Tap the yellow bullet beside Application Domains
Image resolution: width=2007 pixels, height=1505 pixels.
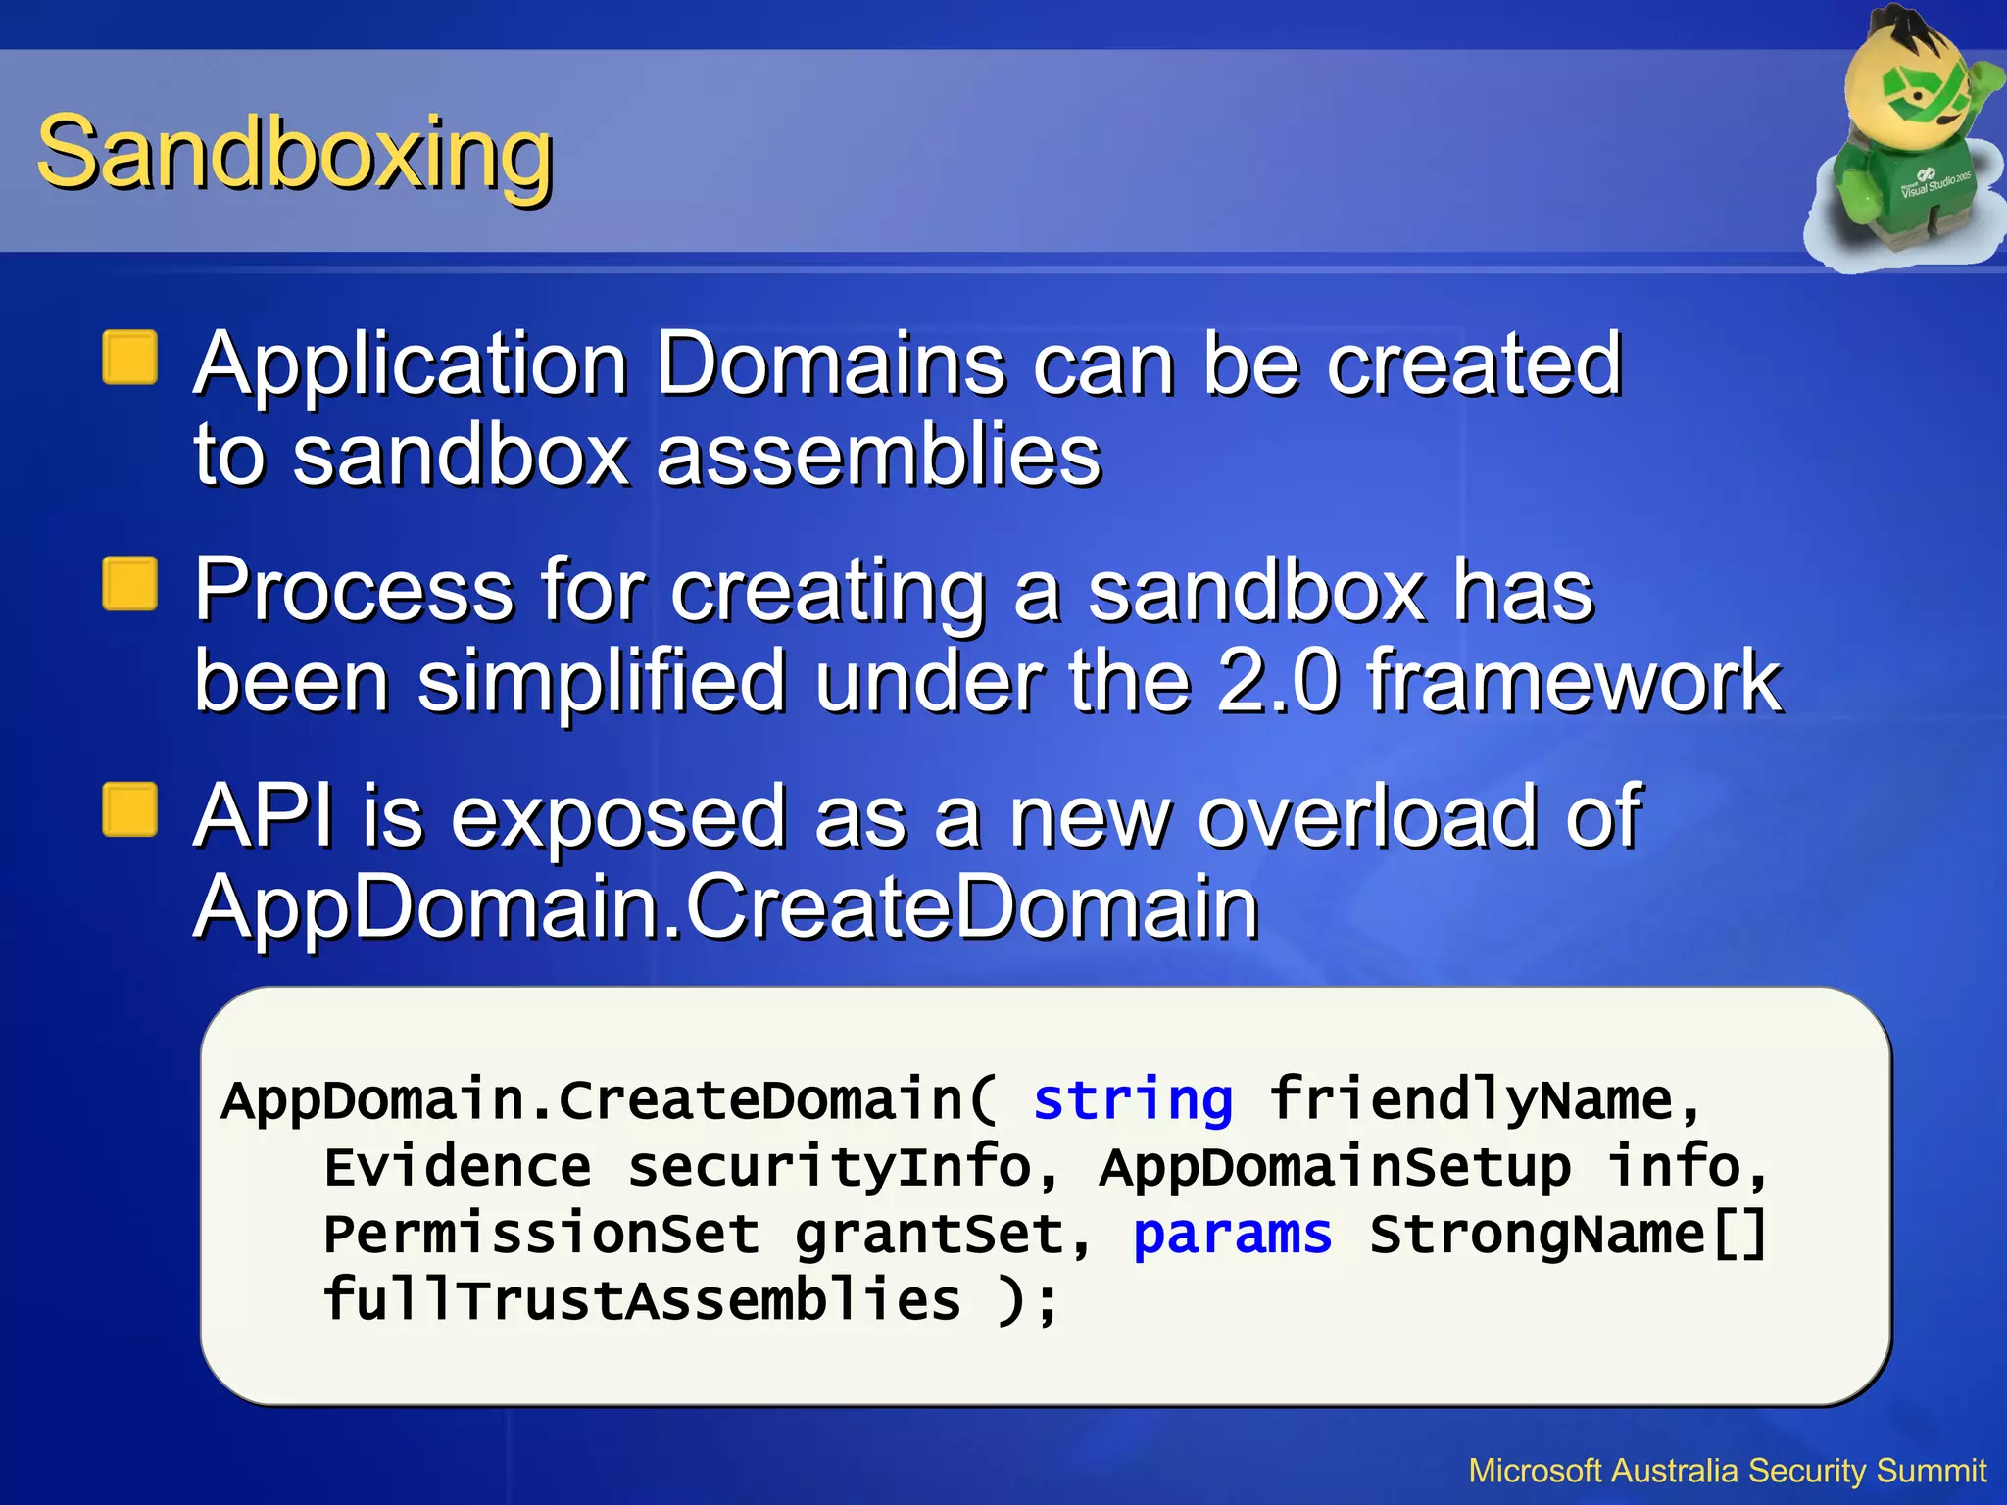click(x=130, y=358)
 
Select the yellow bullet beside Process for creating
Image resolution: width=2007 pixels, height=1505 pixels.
click(x=130, y=584)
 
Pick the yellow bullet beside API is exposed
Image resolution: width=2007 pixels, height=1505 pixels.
click(x=130, y=809)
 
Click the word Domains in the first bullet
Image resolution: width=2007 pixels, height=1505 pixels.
click(x=830, y=364)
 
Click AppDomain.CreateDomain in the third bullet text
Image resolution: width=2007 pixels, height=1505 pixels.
click(x=726, y=906)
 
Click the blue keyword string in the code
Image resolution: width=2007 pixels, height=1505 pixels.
click(x=1133, y=1099)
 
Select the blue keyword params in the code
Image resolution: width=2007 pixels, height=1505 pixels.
click(x=1232, y=1233)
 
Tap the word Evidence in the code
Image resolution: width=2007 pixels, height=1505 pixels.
click(x=458, y=1166)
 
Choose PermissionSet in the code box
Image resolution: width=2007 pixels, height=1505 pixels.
click(x=541, y=1233)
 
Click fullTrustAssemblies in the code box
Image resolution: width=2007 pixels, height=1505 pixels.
click(x=642, y=1299)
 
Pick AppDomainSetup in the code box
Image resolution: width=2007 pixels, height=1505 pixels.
click(x=1335, y=1166)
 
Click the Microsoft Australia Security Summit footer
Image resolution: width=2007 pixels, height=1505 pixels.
click(x=1727, y=1471)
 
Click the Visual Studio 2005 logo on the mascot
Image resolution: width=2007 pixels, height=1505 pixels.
click(x=1934, y=182)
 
